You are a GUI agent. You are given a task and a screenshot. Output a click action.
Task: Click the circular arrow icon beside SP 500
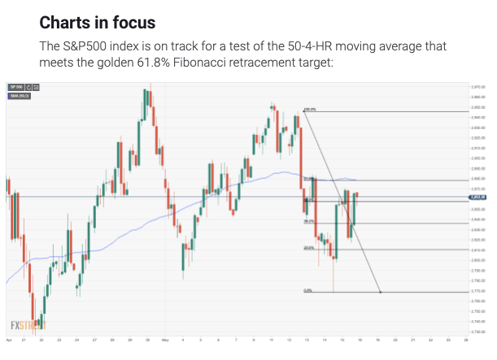coord(29,87)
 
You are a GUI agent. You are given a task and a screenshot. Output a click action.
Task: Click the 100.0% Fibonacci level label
coord(309,109)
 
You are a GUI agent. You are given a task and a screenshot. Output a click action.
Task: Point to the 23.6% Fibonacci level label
coord(308,248)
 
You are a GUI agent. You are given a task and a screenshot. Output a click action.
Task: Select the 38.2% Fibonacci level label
coord(309,221)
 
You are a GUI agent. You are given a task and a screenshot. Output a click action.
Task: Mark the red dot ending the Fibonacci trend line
coord(381,292)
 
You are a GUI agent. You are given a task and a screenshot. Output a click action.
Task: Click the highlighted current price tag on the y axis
coord(477,197)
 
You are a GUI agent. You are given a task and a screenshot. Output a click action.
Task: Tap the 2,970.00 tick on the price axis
coord(477,85)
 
